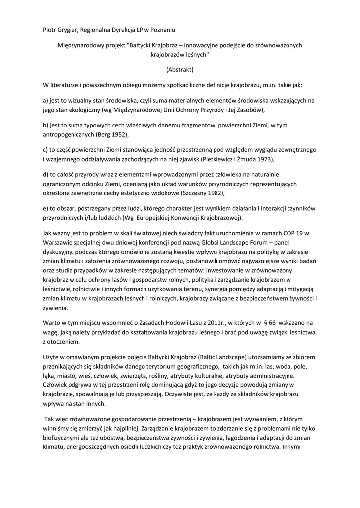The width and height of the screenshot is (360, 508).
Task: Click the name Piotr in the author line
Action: [50, 31]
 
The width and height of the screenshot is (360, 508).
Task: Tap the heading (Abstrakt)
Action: [180, 70]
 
